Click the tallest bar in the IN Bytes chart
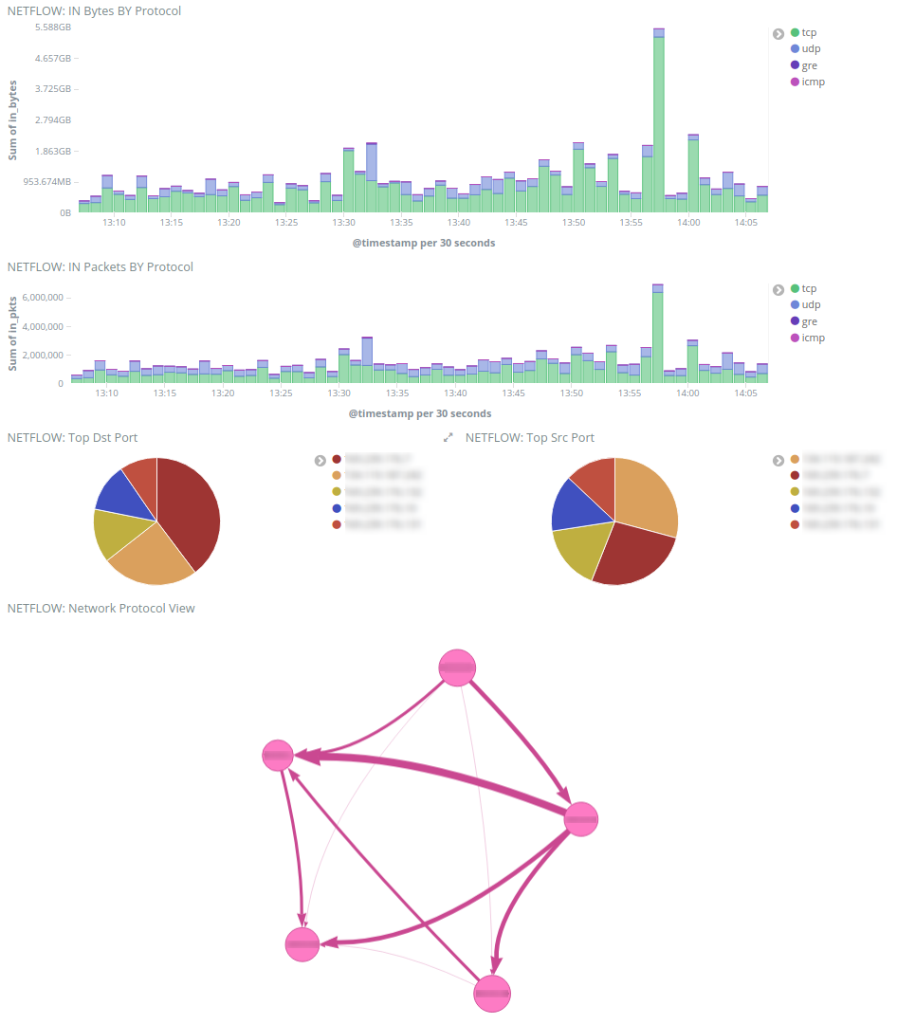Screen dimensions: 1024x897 click(x=659, y=123)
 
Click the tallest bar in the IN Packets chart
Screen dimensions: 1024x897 click(x=657, y=337)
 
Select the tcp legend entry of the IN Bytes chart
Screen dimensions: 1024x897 click(x=809, y=32)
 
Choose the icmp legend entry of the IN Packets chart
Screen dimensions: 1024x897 click(x=813, y=338)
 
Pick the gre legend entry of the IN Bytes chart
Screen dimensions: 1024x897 click(x=809, y=65)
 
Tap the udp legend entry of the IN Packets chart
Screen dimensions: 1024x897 click(x=811, y=304)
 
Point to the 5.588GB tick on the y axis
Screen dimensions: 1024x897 click(x=52, y=27)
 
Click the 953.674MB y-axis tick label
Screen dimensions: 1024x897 click(x=46, y=182)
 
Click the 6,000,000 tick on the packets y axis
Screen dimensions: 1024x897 click(x=42, y=297)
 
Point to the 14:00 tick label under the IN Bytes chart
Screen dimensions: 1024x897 click(x=688, y=222)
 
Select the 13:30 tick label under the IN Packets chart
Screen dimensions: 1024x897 click(x=339, y=393)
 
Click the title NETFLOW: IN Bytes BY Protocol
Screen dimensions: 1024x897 click(x=94, y=11)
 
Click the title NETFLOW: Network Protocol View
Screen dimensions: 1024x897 click(x=101, y=608)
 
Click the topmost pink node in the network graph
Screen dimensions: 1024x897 click(x=457, y=667)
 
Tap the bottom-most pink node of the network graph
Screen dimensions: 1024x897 click(x=492, y=993)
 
